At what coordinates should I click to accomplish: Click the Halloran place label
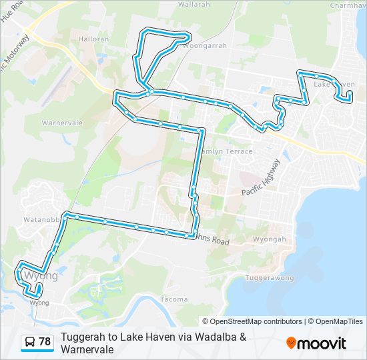[x=93, y=39]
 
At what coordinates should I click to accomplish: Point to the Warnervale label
[x=62, y=123]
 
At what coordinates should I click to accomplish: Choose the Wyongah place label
[x=269, y=239]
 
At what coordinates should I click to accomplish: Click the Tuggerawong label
[x=270, y=277]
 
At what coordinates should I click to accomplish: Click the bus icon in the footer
[x=30, y=342]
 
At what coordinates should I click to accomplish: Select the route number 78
[x=45, y=342]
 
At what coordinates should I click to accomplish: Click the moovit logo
[x=316, y=343]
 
